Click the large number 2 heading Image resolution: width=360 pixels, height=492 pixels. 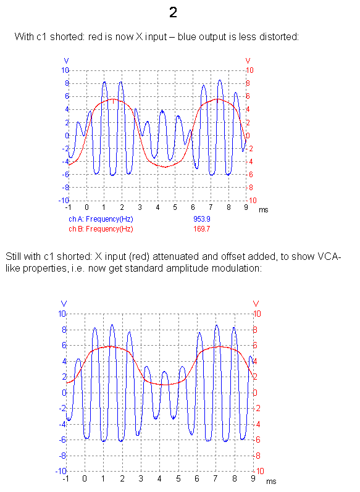pyautogui.click(x=173, y=12)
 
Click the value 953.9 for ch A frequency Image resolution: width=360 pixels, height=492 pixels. pyautogui.click(x=201, y=219)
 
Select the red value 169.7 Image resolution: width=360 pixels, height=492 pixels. pyautogui.click(x=201, y=229)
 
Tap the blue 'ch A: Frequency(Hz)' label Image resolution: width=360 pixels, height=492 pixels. pyautogui.click(x=101, y=219)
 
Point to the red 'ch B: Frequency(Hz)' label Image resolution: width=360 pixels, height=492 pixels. pyautogui.click(x=101, y=229)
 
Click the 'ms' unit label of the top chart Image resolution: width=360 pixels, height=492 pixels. pyautogui.click(x=263, y=210)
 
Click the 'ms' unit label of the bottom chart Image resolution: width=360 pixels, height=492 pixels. pyautogui.click(x=271, y=482)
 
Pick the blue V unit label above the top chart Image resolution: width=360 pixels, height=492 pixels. pyautogui.click(x=66, y=61)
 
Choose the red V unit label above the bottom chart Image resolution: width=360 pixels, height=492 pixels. pyautogui.click(x=256, y=304)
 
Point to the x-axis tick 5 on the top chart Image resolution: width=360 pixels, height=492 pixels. pyautogui.click(x=175, y=207)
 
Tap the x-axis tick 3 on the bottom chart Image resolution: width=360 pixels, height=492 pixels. pyautogui.click(x=141, y=478)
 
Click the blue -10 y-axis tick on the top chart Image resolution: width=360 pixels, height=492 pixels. pyautogui.click(x=64, y=200)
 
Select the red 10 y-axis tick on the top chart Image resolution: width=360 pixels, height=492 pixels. pyautogui.click(x=249, y=70)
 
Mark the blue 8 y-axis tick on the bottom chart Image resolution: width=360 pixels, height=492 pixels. pyautogui.click(x=64, y=330)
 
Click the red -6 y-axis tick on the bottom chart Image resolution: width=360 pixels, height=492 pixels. pyautogui.click(x=257, y=440)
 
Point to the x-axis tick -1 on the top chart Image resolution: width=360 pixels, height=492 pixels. pyautogui.click(x=68, y=207)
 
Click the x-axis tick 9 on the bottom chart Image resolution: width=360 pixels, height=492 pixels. pyautogui.click(x=253, y=478)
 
